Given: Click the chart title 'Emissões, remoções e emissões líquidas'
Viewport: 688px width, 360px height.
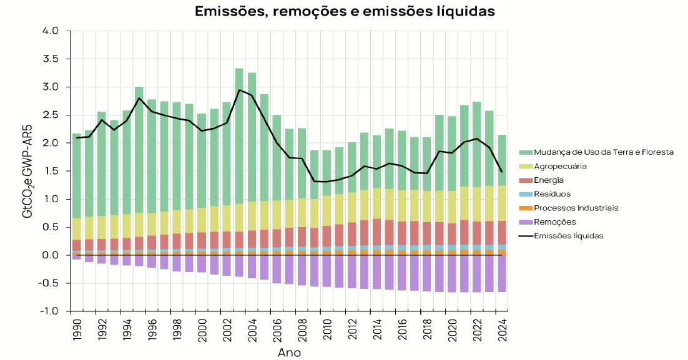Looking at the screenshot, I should [345, 11].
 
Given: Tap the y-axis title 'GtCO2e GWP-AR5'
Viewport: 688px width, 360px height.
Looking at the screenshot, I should [28, 169].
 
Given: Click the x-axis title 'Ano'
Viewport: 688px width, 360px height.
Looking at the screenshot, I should [289, 353].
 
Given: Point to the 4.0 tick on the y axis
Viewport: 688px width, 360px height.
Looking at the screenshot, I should [51, 31].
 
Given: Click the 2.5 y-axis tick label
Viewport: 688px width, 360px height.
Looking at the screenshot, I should [51, 115].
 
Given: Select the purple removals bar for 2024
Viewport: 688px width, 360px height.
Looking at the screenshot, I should [502, 273].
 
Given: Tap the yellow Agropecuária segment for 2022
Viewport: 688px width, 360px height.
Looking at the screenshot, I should [477, 204].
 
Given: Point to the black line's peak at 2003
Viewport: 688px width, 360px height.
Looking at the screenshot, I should [239, 90].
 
